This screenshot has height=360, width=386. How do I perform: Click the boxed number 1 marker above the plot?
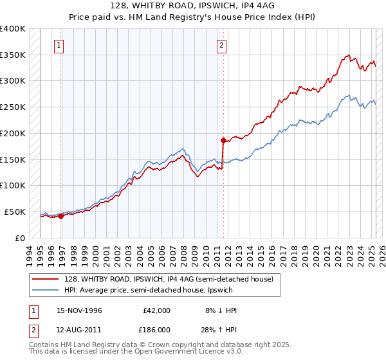pyautogui.click(x=59, y=46)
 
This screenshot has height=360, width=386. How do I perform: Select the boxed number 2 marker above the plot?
pyautogui.click(x=221, y=46)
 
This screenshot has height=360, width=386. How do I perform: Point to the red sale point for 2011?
pyautogui.click(x=223, y=140)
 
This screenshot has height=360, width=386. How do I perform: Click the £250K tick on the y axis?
pyautogui.click(x=13, y=107)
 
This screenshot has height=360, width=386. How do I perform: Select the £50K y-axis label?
pyautogui.click(x=15, y=212)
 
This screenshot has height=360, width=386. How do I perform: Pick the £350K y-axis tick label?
pyautogui.click(x=13, y=55)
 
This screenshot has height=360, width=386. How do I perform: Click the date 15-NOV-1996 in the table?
pyautogui.click(x=80, y=310)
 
